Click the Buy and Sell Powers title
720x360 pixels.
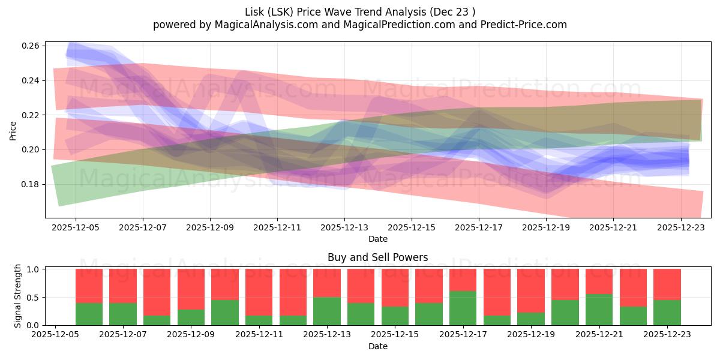click(377, 257)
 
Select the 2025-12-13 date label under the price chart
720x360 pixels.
click(344, 228)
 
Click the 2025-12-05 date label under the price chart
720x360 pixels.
click(76, 228)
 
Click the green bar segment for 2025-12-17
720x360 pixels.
click(463, 308)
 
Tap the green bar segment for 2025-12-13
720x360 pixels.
click(326, 311)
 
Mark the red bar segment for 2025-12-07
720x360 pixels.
click(123, 286)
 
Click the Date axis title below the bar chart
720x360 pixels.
click(377, 346)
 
